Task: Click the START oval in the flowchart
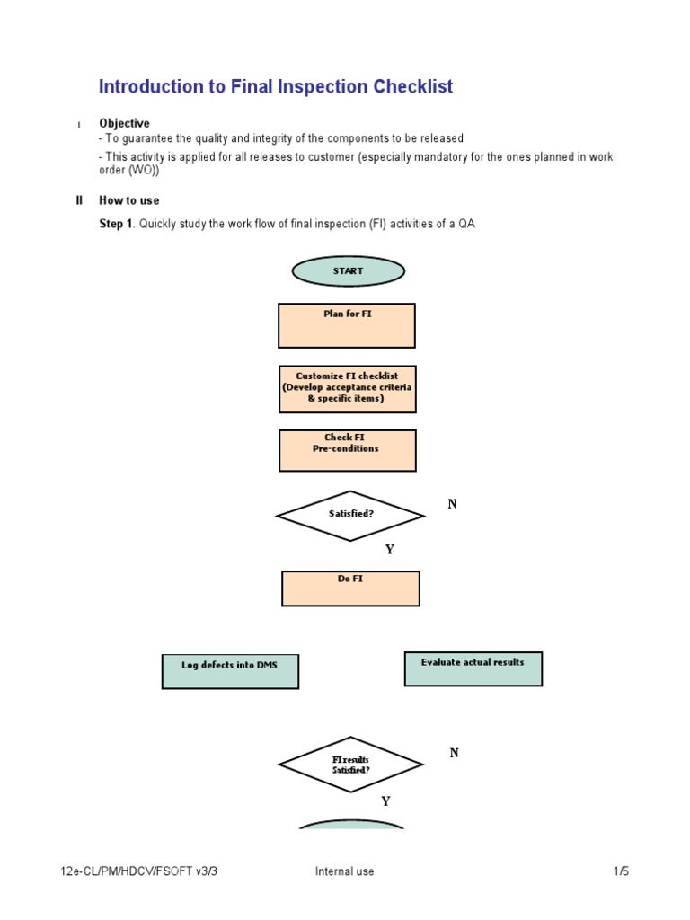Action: pyautogui.click(x=349, y=271)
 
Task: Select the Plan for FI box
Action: pyautogui.click(x=347, y=325)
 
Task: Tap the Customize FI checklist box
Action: pyautogui.click(x=348, y=388)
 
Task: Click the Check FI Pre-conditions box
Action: pyautogui.click(x=348, y=450)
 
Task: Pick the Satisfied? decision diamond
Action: pyautogui.click(x=350, y=516)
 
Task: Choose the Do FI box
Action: pyautogui.click(x=350, y=588)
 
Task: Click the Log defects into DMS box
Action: pyautogui.click(x=230, y=671)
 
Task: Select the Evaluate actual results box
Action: pyautogui.click(x=473, y=668)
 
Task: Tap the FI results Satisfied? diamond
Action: pyautogui.click(x=350, y=765)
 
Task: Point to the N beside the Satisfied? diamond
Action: pyautogui.click(x=453, y=505)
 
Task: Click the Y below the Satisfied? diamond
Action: pyautogui.click(x=389, y=550)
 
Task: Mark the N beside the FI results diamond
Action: pyautogui.click(x=454, y=754)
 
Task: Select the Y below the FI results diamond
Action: pyautogui.click(x=386, y=801)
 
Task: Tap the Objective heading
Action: pyautogui.click(x=124, y=123)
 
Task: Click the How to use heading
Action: pyautogui.click(x=128, y=200)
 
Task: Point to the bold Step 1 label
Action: pyautogui.click(x=116, y=224)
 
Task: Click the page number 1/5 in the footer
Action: pyautogui.click(x=621, y=871)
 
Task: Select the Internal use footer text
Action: pyautogui.click(x=344, y=871)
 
